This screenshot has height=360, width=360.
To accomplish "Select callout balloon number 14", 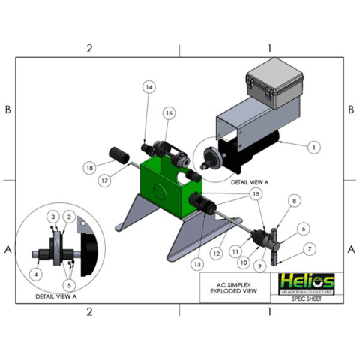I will pos(148,88).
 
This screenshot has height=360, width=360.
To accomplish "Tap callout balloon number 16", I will pos(169,112).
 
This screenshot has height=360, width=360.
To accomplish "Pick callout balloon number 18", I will pos(90,168).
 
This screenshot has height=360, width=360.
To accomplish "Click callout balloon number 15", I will pos(258,193).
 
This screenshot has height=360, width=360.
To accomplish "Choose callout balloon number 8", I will pos(294,201).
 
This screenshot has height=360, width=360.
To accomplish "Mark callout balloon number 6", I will pos(304,228).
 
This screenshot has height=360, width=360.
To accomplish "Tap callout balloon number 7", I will pos(310,248).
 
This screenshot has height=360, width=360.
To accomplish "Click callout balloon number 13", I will pos(198,264).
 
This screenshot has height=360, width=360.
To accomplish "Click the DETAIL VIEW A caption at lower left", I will pos(56,296).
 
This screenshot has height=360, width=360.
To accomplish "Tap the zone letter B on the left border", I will pos(7,109).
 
